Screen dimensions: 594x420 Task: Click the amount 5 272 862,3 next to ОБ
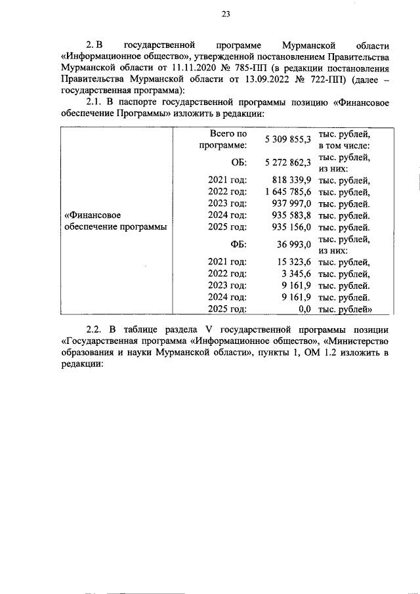tap(287, 163)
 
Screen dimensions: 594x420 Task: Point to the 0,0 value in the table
tap(304, 309)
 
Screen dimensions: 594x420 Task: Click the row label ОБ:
tap(239, 163)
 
